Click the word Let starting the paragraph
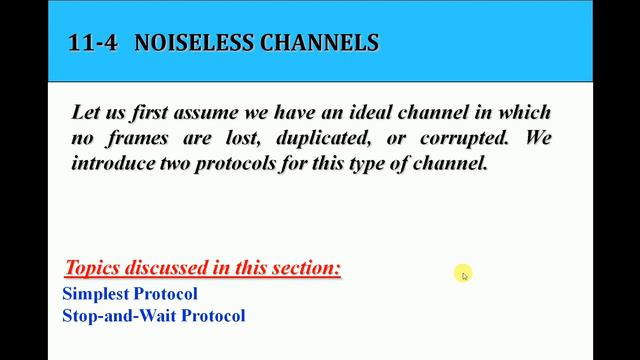(86, 113)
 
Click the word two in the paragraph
(180, 162)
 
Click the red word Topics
(91, 268)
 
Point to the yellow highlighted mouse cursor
(463, 274)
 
